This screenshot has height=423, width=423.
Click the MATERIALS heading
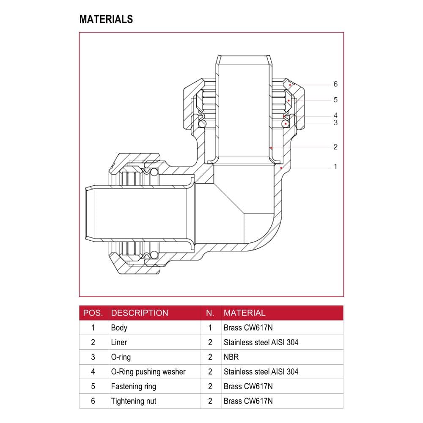[106, 19]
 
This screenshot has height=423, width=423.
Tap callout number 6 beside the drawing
[335, 84]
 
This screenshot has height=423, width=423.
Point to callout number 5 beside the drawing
[335, 100]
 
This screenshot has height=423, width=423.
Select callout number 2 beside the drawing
[335, 147]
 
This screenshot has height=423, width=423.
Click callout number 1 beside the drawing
[335, 167]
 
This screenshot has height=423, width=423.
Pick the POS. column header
[93, 313]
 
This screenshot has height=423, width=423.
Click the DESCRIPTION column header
[140, 313]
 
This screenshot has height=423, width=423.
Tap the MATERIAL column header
[244, 313]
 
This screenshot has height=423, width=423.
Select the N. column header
[210, 313]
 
